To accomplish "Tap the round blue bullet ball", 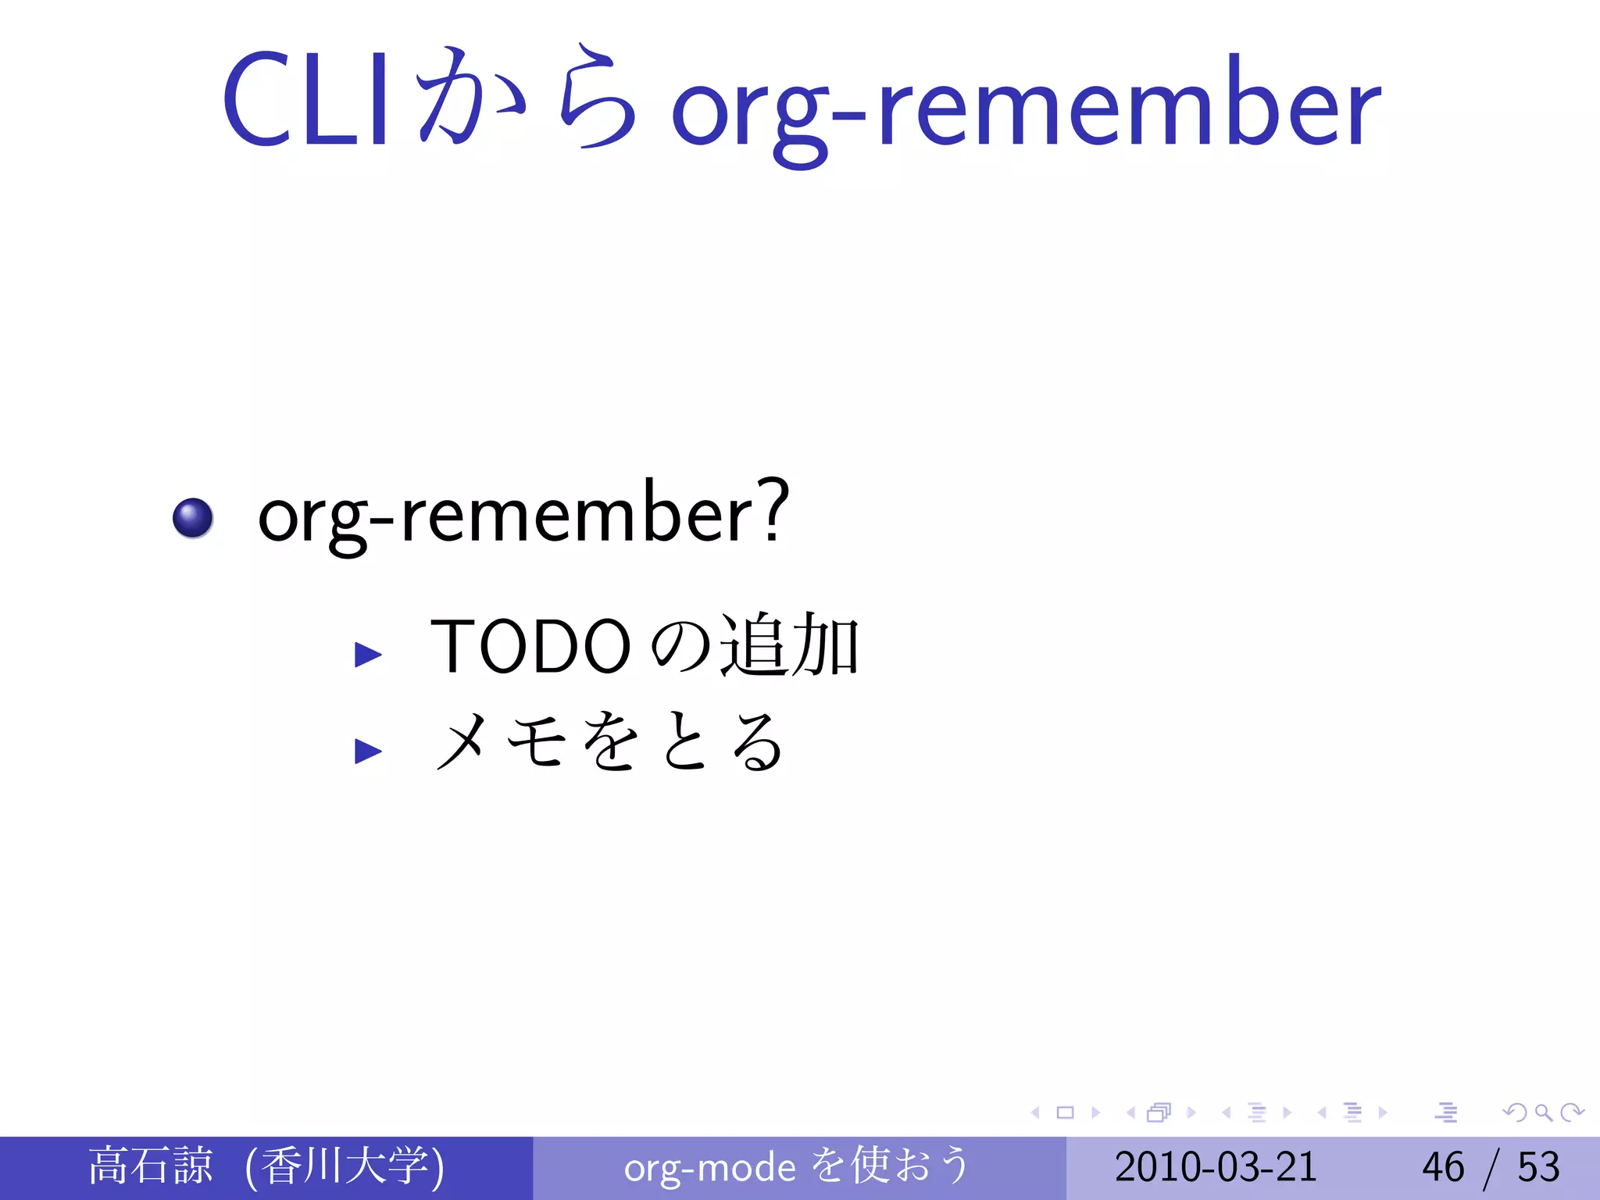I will [193, 518].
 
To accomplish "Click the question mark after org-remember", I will [773, 512].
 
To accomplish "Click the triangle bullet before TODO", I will [367, 654].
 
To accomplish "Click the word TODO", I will [530, 647].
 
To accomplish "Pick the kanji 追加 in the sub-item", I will [789, 645].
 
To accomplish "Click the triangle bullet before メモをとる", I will [367, 751].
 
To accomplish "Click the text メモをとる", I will [609, 742].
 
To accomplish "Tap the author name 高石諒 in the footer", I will [151, 1166].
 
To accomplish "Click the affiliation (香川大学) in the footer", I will [345, 1166].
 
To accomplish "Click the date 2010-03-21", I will [1216, 1166].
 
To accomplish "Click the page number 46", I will [1442, 1166].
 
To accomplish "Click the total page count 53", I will [1538, 1166].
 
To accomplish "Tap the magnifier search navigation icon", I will [1543, 1112].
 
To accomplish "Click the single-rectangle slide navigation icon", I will [1065, 1112].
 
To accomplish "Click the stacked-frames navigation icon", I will [1159, 1112].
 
